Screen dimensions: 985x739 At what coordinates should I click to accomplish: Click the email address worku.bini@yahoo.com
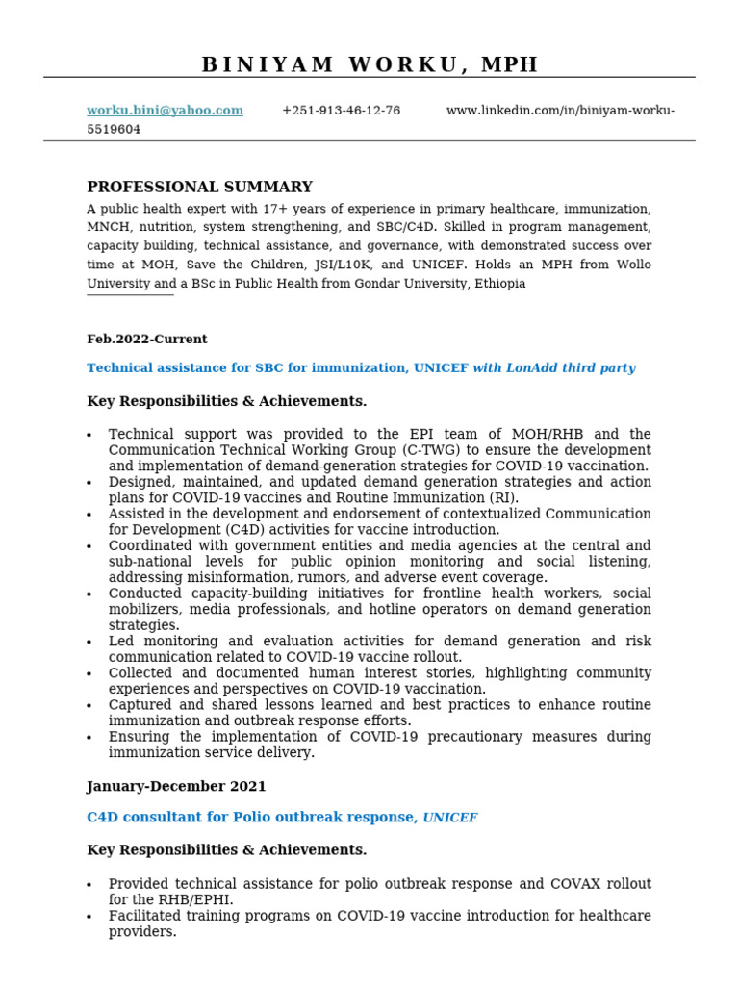[165, 111]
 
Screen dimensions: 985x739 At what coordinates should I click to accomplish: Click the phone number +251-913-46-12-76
[341, 111]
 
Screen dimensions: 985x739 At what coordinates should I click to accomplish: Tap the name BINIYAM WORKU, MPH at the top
[369, 64]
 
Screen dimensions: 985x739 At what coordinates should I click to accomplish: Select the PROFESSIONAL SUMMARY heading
[199, 188]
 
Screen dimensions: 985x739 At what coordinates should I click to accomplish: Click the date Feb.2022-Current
[146, 340]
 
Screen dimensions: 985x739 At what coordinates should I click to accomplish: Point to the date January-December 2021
[176, 787]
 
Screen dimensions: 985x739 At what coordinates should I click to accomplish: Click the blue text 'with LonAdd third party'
[553, 368]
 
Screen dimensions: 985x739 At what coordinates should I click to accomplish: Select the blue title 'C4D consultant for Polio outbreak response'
[252, 818]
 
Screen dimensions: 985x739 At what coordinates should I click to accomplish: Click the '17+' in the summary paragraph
[253, 209]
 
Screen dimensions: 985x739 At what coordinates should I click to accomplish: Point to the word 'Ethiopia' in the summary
[497, 284]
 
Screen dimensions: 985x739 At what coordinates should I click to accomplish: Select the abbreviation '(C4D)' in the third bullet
[227, 530]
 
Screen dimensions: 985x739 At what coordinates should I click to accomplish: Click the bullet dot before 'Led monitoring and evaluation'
[89, 643]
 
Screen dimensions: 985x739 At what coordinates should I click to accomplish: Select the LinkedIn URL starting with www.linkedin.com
[560, 111]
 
